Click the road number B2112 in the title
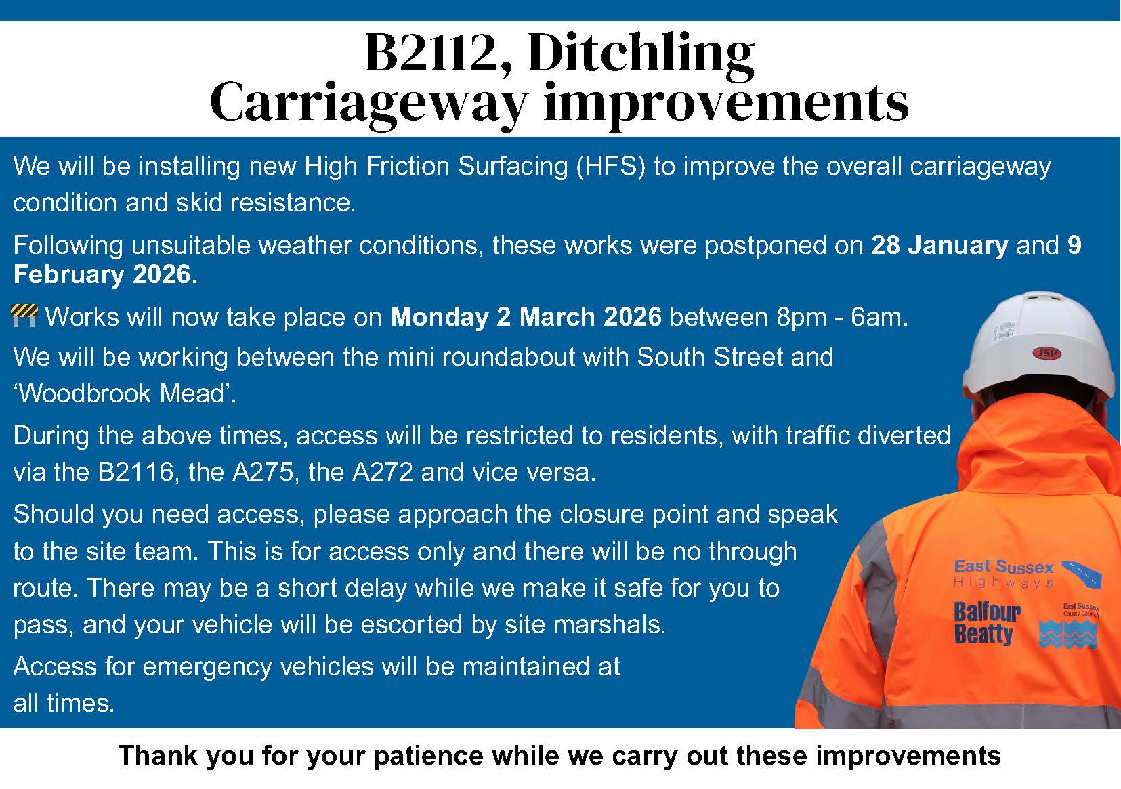439,53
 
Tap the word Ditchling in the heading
641,56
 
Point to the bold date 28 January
939,246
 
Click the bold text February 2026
106,274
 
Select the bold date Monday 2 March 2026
526,317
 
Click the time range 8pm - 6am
842,317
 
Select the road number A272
382,472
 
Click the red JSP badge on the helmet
1047,354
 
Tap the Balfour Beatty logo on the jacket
986,623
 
